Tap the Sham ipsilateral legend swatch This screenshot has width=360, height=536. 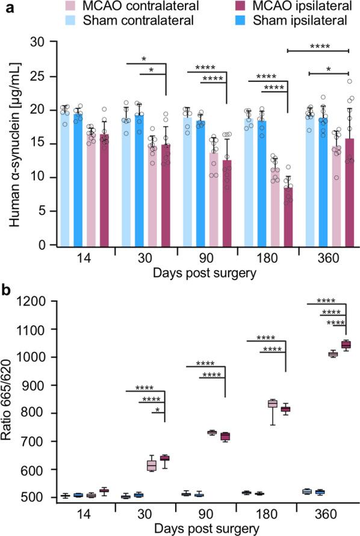tap(252, 22)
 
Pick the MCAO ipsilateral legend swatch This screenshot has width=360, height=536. tap(252, 8)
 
